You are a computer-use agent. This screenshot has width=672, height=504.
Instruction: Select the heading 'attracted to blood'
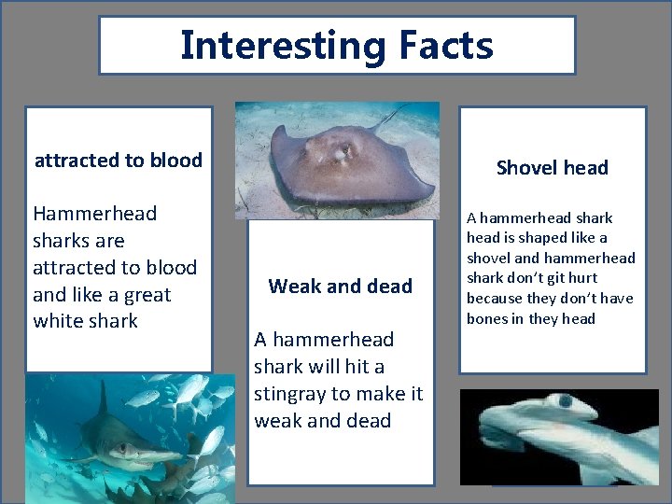pyautogui.click(x=119, y=160)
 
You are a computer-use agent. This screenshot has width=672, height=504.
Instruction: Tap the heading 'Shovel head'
pyautogui.click(x=552, y=168)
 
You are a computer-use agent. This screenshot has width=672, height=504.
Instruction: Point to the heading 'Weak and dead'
pyautogui.click(x=340, y=287)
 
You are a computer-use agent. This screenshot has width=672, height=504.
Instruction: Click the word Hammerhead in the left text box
pyautogui.click(x=94, y=214)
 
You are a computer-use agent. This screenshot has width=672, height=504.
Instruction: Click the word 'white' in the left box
pyautogui.click(x=60, y=321)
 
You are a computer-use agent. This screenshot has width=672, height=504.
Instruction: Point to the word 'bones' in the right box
pyautogui.click(x=490, y=319)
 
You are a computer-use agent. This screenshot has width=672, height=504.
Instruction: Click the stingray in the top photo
pyautogui.click(x=335, y=164)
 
